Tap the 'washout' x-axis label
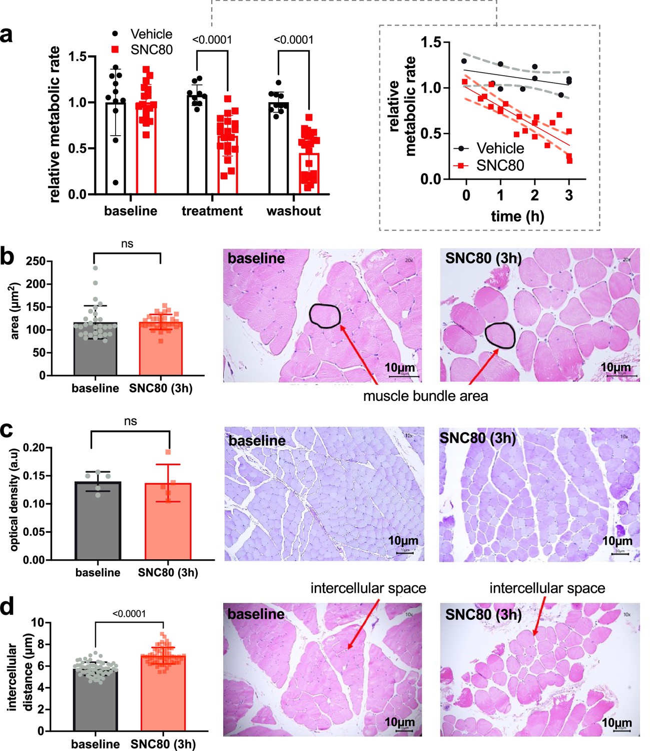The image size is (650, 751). click(293, 211)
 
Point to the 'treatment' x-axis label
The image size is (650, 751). click(212, 211)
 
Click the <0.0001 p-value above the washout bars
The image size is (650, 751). click(294, 40)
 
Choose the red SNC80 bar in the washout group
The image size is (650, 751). click(309, 173)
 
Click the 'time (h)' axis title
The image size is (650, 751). click(517, 216)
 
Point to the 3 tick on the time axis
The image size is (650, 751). click(569, 195)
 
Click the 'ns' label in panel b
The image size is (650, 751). click(127, 244)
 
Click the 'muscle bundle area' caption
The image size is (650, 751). click(425, 397)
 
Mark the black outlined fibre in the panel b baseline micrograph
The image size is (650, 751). click(325, 316)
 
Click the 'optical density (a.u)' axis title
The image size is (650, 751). click(14, 499)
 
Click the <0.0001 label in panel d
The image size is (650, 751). click(129, 614)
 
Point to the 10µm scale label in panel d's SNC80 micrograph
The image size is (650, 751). click(616, 723)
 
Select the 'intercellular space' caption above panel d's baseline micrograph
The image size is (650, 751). click(368, 588)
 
